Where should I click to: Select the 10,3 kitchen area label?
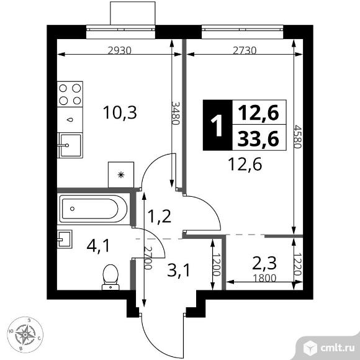(120, 112)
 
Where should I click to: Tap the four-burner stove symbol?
(71, 94)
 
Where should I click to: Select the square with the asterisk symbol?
(120, 174)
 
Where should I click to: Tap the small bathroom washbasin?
(65, 239)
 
